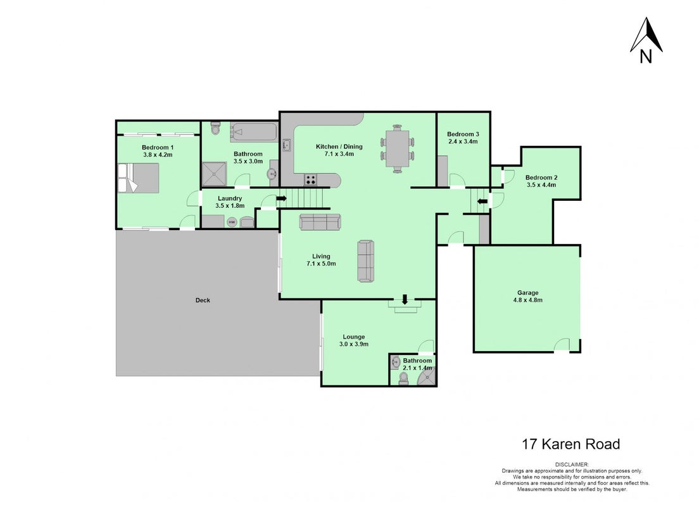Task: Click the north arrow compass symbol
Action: [646, 40]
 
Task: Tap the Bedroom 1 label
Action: [158, 147]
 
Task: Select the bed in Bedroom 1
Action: [138, 177]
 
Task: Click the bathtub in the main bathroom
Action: [253, 132]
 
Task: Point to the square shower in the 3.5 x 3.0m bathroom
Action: [215, 174]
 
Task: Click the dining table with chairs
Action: [397, 149]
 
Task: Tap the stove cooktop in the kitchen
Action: [311, 180]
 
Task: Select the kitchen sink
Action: [287, 145]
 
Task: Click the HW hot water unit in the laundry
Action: [232, 221]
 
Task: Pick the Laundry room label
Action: [230, 198]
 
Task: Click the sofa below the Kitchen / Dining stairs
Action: [320, 222]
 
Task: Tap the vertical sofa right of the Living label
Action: [365, 261]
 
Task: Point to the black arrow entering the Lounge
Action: [405, 299]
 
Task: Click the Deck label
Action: [203, 300]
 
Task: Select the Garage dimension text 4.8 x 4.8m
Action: [528, 300]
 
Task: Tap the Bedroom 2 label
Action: [541, 177]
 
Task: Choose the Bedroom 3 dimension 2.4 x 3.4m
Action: [463, 141]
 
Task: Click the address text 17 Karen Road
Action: [571, 444]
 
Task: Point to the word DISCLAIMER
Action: [572, 465]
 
